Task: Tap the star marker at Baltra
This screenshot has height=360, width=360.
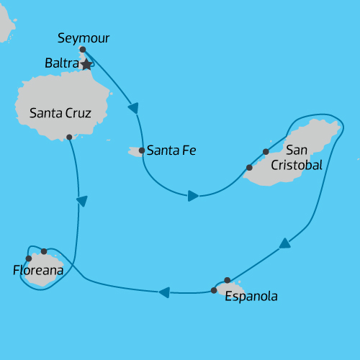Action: click(x=86, y=65)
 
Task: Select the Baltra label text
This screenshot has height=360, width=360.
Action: click(x=61, y=63)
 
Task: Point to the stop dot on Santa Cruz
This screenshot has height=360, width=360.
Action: click(x=69, y=137)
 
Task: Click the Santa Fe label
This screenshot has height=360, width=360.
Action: click(x=171, y=151)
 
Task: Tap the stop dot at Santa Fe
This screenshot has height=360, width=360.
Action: click(x=141, y=151)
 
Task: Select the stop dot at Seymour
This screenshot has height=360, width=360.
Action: click(x=83, y=50)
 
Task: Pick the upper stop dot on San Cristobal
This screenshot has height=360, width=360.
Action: click(x=266, y=152)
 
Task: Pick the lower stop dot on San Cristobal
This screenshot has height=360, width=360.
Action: click(x=249, y=168)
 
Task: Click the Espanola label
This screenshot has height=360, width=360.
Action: click(x=251, y=296)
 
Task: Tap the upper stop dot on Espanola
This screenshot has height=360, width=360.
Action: click(x=228, y=280)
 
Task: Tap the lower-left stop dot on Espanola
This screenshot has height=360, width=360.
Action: click(x=214, y=290)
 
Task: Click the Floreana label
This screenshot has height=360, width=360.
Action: click(x=38, y=271)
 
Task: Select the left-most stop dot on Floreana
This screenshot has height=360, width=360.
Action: click(x=28, y=258)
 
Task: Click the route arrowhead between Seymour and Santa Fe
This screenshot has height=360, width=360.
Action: click(x=133, y=108)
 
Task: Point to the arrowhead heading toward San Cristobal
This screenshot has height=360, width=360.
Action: click(x=193, y=195)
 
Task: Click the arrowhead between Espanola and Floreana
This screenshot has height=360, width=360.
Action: click(x=163, y=292)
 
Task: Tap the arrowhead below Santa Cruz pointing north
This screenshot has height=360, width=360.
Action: click(x=82, y=201)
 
